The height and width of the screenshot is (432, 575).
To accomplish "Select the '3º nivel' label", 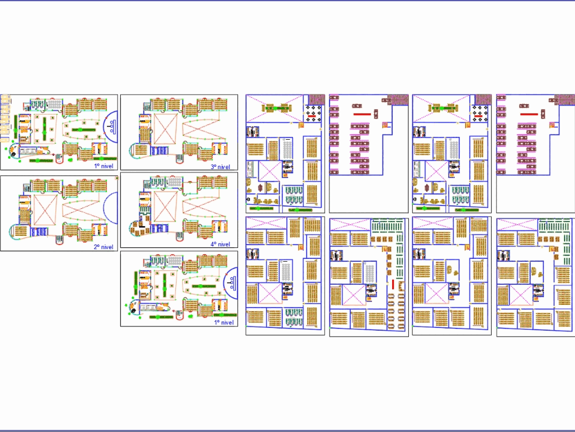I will tap(221, 166).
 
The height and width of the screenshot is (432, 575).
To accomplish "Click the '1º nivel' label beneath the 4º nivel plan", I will tap(224, 323).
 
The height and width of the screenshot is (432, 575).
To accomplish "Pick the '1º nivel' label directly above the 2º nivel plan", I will tap(104, 166).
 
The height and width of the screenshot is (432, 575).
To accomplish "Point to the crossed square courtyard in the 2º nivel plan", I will tap(44, 207).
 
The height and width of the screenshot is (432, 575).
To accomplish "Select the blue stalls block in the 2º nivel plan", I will tap(41, 231).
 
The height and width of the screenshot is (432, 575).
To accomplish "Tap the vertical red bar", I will tap(393, 285).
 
